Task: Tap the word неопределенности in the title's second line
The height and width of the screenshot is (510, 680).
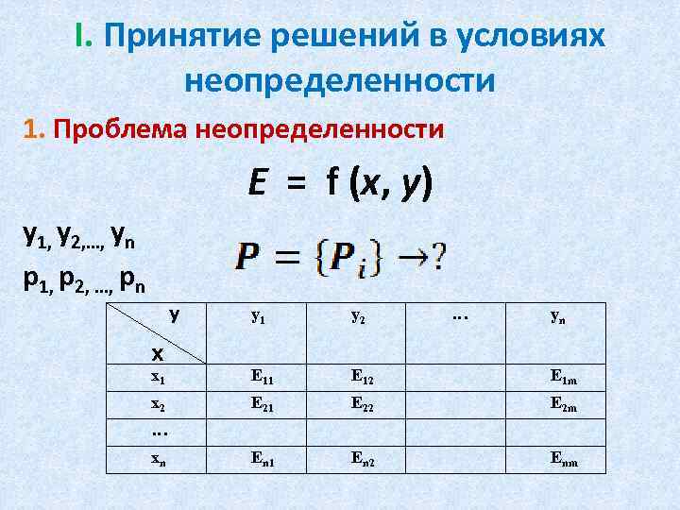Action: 340,80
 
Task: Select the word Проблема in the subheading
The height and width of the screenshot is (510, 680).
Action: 123,128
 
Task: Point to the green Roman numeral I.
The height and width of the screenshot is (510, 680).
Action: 83,38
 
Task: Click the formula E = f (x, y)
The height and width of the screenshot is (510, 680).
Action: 340,182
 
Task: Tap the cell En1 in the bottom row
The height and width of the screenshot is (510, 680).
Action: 263,459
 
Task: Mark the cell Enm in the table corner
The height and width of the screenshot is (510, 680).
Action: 565,460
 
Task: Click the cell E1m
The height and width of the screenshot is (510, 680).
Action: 565,377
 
